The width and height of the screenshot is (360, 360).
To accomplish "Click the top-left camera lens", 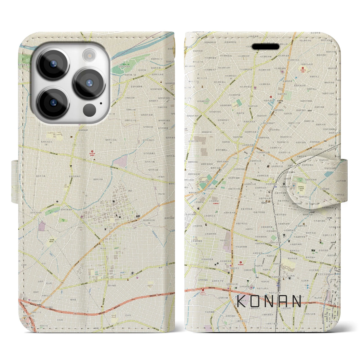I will (53, 63).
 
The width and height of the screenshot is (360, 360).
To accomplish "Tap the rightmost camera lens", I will (89, 83).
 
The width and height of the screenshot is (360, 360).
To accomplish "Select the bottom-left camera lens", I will (53, 102).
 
